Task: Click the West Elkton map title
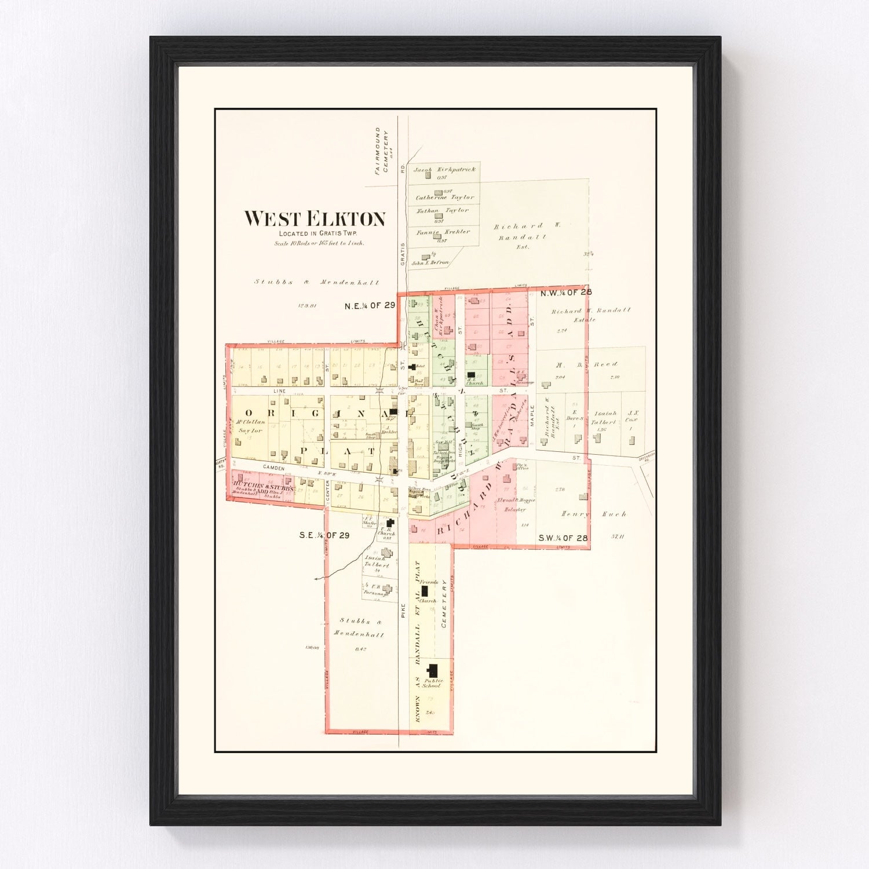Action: (315, 219)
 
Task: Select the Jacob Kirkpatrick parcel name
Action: (444, 170)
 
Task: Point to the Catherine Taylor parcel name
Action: (444, 198)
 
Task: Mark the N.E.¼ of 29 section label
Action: (370, 305)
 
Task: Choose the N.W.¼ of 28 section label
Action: (565, 293)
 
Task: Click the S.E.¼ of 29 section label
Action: (324, 535)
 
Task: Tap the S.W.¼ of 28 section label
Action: (563, 538)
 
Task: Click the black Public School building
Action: (432, 671)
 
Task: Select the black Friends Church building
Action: (425, 591)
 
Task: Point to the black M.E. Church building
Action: (471, 375)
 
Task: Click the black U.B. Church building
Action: (390, 524)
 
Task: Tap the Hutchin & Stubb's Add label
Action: (260, 486)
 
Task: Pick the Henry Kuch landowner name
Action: (593, 514)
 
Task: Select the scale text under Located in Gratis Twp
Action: (319, 243)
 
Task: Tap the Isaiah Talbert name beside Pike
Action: (377, 561)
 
